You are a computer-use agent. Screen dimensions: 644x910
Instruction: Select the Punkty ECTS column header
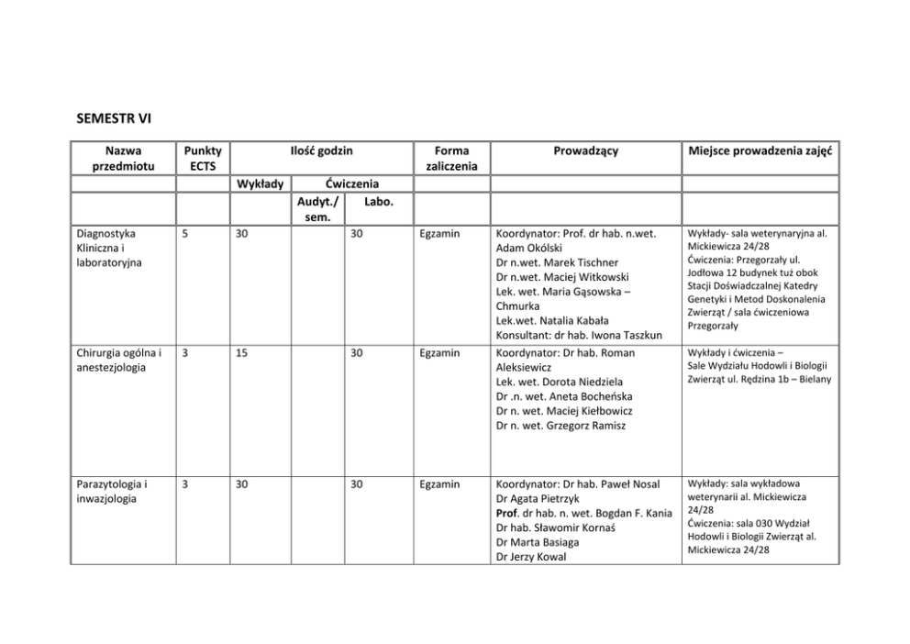pos(202,158)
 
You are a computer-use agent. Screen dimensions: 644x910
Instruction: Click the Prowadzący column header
pos(585,150)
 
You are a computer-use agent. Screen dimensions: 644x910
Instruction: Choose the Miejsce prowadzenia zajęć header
pos(760,150)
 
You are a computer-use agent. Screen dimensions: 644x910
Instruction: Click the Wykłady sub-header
pos(261,183)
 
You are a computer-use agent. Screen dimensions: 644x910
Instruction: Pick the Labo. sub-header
pos(378,201)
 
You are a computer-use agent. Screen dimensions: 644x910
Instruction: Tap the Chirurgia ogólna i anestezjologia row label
pos(119,361)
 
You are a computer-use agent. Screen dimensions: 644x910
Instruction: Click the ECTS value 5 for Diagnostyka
pos(186,234)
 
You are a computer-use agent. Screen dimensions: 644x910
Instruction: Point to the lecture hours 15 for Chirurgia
pos(242,353)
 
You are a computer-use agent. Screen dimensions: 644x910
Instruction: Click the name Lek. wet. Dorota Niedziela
pos(559,382)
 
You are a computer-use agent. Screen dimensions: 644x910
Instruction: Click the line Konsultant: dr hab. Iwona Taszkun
pos(578,336)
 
